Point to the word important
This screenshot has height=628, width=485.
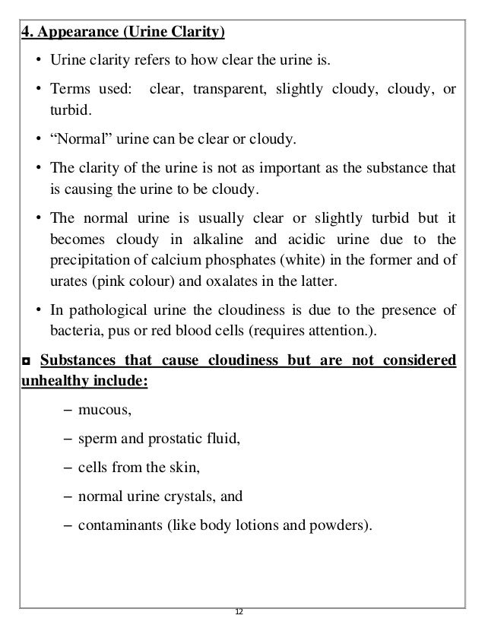pyautogui.click(x=268, y=169)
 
